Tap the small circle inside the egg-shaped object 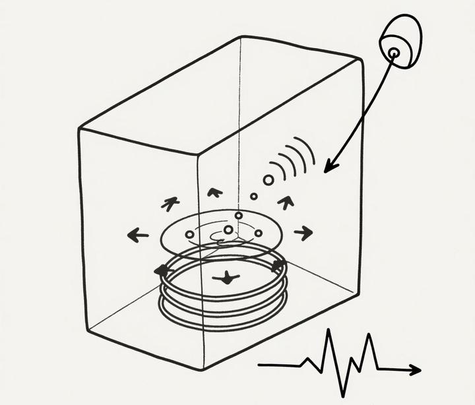tap(393, 52)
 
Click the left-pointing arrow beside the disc tap(137, 234)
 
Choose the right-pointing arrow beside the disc tap(304, 232)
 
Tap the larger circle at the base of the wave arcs tap(268, 179)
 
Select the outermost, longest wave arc tap(307, 150)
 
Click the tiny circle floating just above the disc tap(253, 196)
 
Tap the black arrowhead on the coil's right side tap(278, 266)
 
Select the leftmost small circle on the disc tap(189, 234)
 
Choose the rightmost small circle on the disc tap(259, 233)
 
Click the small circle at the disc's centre tap(228, 230)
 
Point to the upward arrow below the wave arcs tap(285, 201)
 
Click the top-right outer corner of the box tap(362, 60)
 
